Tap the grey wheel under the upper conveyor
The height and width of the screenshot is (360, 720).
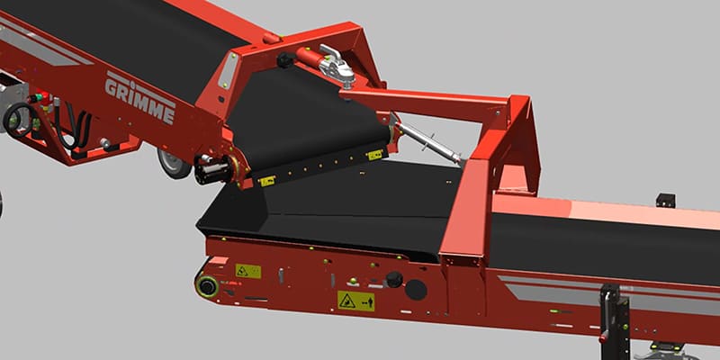pos(171,163)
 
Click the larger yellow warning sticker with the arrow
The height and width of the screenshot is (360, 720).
pos(356,301)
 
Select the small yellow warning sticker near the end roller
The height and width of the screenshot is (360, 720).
pos(247,270)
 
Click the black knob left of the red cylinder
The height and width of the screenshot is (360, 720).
pos(284,61)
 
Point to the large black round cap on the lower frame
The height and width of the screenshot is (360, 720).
pos(416,289)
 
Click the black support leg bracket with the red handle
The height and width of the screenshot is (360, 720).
pos(614,315)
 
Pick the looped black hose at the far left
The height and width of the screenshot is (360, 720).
pos(18,117)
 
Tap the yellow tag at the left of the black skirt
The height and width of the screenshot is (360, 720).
pos(266,181)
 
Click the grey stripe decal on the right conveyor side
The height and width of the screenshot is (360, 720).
pos(576,292)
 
